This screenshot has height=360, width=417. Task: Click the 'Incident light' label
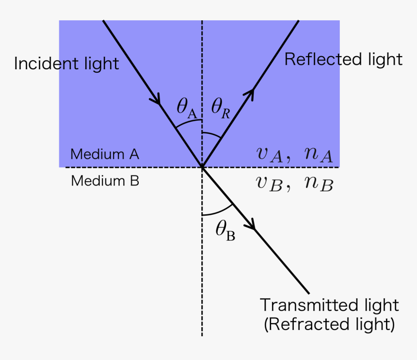[x=66, y=63]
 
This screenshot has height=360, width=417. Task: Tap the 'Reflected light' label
[x=343, y=59]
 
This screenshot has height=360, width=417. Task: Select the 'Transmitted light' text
[x=329, y=305]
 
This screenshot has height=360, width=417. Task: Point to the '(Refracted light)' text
[x=329, y=324]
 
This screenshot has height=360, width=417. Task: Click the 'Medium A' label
[x=105, y=155]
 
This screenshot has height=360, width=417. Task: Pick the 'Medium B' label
[x=105, y=181]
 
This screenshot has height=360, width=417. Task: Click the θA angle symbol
[x=187, y=108]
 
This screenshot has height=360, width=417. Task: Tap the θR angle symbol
[x=221, y=108]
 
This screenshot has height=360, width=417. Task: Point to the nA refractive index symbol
[x=318, y=155]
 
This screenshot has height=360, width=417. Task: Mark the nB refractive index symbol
[x=318, y=184]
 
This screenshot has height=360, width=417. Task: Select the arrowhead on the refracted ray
[x=251, y=225]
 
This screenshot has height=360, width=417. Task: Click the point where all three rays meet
[x=202, y=167]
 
